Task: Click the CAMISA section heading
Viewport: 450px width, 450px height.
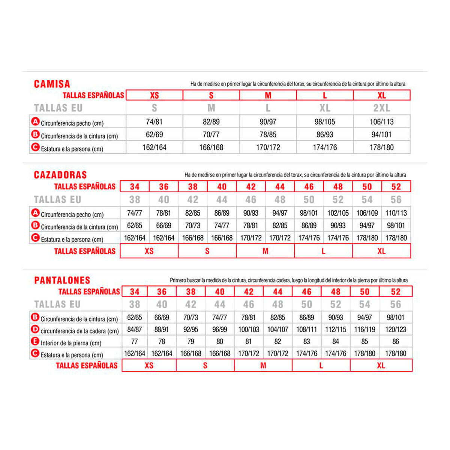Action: [52, 84]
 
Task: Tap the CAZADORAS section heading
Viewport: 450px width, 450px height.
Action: [60, 175]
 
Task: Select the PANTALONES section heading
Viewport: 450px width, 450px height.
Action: [62, 280]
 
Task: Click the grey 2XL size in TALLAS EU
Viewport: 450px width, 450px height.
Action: [381, 108]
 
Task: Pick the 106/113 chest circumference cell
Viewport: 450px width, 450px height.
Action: [381, 122]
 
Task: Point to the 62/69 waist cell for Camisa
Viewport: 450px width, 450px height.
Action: [154, 135]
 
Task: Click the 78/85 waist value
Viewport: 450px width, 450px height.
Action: [268, 135]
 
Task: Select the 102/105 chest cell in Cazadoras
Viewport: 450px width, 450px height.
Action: [338, 213]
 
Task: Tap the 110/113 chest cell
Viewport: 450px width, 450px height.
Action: [396, 213]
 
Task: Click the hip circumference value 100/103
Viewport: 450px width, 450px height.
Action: [249, 330]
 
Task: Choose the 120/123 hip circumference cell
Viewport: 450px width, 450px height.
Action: [396, 330]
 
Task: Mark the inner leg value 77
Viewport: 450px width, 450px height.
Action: [135, 342]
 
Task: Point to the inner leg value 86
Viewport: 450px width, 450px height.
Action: [396, 342]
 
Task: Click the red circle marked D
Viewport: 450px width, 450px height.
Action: [35, 330]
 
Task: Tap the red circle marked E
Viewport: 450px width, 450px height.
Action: [35, 342]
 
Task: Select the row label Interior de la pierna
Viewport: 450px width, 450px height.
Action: [71, 343]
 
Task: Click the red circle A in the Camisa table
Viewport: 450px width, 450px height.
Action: [35, 121]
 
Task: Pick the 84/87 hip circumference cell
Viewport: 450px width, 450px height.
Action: [135, 330]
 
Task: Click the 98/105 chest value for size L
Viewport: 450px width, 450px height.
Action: [325, 122]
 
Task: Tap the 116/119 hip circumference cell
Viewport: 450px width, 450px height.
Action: [364, 330]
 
